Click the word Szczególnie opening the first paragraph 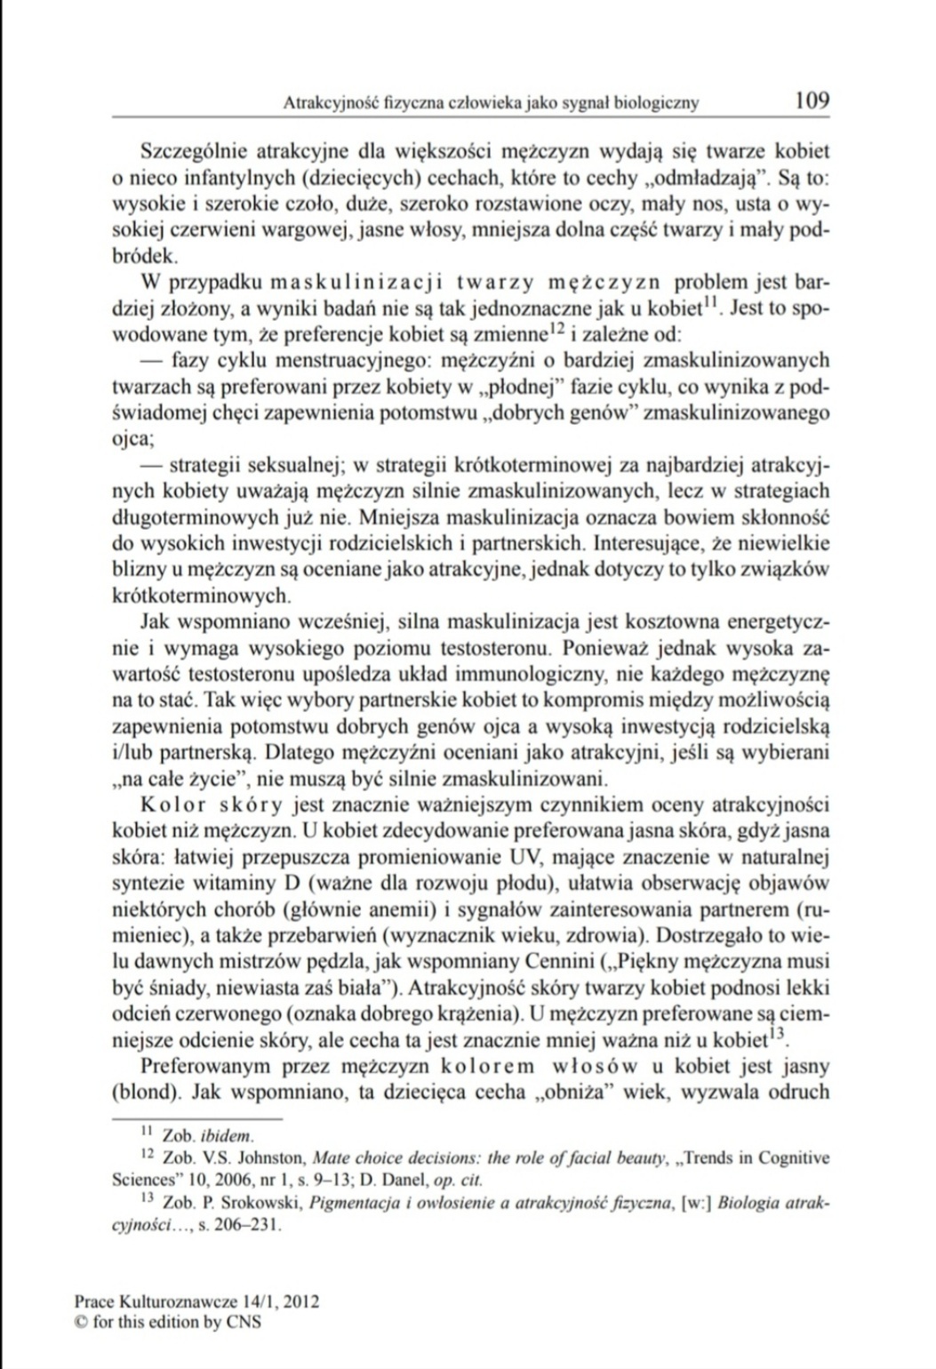click(194, 151)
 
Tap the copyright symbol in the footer click(80, 1322)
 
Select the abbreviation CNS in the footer click(244, 1322)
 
